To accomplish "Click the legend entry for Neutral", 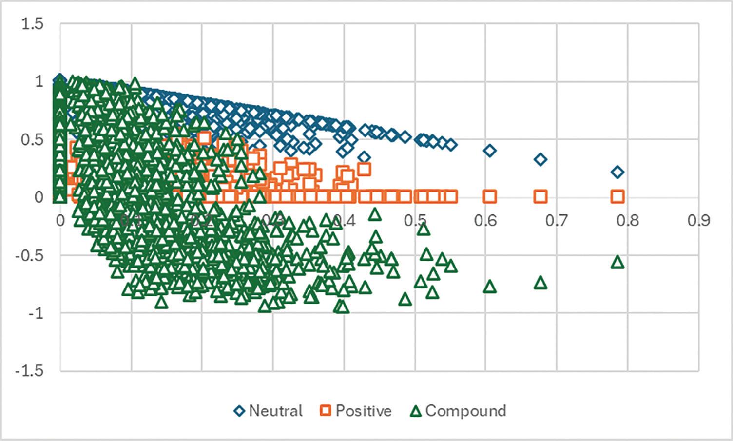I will coord(269,411).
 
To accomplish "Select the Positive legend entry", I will coord(356,411).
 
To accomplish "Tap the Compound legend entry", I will coord(458,411).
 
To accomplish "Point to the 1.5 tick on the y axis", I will coord(32,23).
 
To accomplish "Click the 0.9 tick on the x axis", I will coord(699,220).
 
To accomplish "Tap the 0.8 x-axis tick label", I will coord(628,220).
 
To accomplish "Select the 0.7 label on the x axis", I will coord(557,220).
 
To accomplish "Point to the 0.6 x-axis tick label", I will coord(485,220).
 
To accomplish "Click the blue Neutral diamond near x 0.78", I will coord(617,172).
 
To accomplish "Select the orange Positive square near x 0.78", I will coord(617,197).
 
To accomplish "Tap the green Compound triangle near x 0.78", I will coord(617,262).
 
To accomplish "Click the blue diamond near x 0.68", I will coord(540,159).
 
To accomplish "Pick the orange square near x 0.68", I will coord(540,197).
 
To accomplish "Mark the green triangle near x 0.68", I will coord(540,283).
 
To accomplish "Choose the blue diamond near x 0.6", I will coord(490,151).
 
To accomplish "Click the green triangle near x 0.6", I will coord(490,287).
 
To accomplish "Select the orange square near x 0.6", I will coord(490,197).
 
